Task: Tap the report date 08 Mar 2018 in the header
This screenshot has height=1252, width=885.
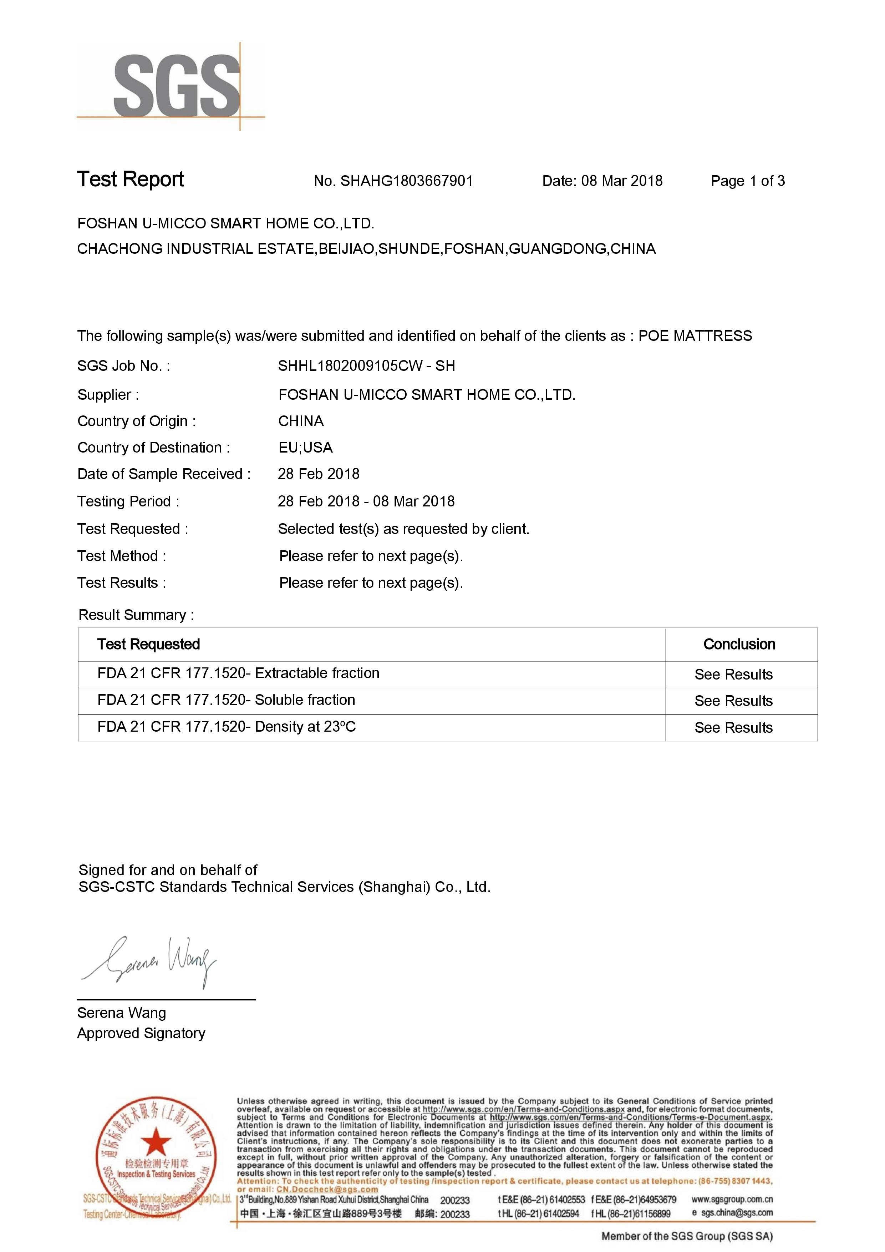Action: click(x=621, y=181)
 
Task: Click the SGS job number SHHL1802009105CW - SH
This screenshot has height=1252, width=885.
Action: click(x=366, y=366)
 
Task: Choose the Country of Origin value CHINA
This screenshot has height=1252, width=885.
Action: click(x=301, y=421)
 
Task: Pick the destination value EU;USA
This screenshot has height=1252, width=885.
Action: click(x=305, y=448)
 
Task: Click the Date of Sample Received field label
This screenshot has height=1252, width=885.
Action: click(x=163, y=474)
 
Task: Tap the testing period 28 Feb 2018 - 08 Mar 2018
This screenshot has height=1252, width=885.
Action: click(x=366, y=501)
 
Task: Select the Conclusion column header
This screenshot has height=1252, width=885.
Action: click(x=739, y=645)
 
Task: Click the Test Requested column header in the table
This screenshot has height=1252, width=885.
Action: click(x=148, y=645)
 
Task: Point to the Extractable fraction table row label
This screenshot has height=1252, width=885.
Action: click(x=238, y=673)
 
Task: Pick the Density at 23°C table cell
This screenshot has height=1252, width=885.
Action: click(x=226, y=727)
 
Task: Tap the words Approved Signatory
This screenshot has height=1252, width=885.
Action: click(x=141, y=1033)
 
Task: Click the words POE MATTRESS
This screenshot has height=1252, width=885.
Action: click(x=695, y=336)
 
